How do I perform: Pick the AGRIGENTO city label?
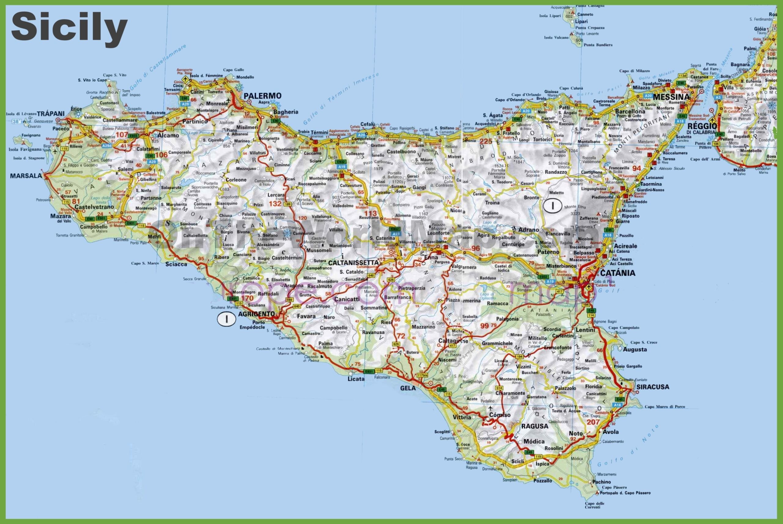point(257,314)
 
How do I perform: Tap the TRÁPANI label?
point(51,113)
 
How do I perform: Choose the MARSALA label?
point(26,176)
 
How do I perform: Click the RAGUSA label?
point(535,426)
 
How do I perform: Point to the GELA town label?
point(408,388)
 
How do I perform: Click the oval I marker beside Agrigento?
point(226,319)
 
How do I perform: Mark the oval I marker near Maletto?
point(552,206)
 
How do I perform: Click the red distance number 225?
point(486,141)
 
